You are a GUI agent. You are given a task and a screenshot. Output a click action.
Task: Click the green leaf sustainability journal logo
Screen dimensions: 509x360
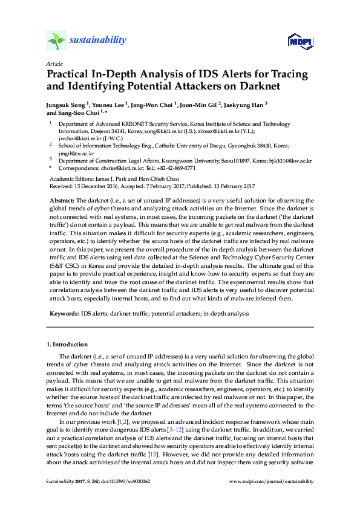(x=56, y=41)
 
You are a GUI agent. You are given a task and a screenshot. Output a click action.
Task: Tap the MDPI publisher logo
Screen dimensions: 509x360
(x=299, y=41)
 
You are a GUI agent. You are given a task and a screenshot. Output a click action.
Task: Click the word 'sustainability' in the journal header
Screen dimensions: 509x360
(x=99, y=41)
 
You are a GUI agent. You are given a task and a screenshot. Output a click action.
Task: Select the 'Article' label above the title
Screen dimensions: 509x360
(x=54, y=63)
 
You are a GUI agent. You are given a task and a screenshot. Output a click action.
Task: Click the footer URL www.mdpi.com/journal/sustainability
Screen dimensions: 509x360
(x=273, y=482)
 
